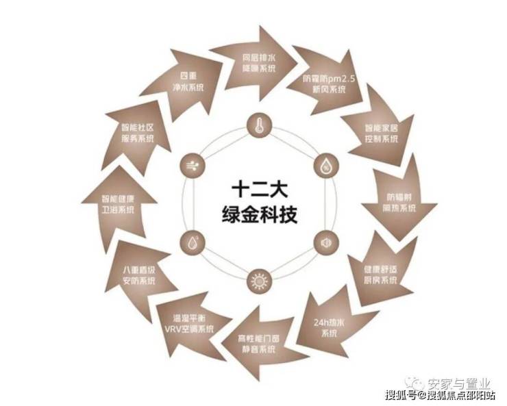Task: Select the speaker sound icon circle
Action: point(323,242)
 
